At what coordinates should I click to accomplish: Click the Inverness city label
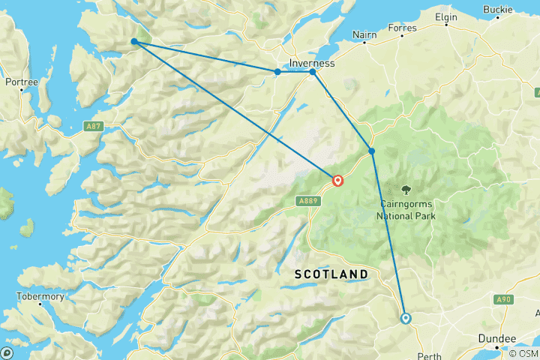coord(312,63)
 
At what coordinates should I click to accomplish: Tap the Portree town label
coord(22,81)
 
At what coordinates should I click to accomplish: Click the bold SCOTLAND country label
coord(331,274)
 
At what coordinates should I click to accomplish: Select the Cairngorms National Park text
coord(406,210)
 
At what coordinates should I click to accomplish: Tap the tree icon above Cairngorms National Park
coord(406,190)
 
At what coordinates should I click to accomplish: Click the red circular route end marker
coord(338,181)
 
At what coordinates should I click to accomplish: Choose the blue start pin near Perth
coord(406,318)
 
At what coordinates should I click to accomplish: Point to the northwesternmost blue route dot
coord(133,41)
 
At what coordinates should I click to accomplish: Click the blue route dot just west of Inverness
coord(277,72)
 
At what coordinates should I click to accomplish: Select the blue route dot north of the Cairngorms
coord(371,151)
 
